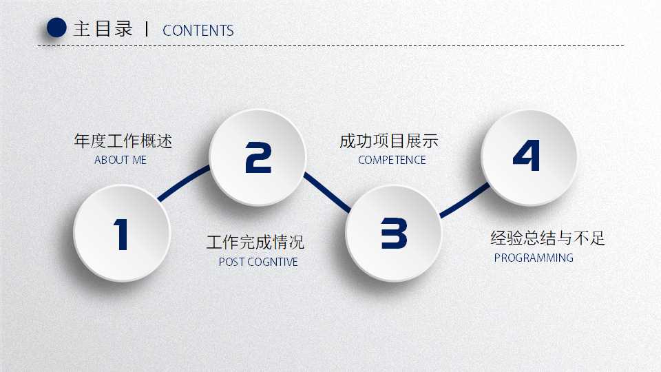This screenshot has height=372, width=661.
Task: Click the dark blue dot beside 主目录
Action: pos(56,28)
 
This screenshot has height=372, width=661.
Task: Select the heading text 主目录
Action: pos(103,29)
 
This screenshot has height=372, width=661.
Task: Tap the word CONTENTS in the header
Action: pos(198,31)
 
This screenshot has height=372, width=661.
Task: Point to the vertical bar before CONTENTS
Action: pos(147,29)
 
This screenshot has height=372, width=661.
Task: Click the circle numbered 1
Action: pos(121,233)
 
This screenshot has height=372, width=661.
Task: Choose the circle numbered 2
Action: pos(258,157)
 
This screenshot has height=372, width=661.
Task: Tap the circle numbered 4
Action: pos(528,156)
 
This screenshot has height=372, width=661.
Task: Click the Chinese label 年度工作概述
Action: pos(123,141)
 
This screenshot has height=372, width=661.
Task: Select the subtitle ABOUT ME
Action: pos(120,160)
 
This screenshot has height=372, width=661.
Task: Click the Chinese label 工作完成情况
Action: pos(255,242)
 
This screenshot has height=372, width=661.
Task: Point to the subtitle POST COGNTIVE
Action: pos(258,262)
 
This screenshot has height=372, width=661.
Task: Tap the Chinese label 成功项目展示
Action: pos(388,142)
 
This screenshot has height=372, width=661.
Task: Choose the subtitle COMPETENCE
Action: pos(392,160)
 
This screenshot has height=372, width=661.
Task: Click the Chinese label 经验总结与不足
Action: pos(547,238)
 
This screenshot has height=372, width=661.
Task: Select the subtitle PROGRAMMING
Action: pos(534,258)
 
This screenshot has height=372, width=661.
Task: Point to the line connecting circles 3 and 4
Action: pos(464,200)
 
